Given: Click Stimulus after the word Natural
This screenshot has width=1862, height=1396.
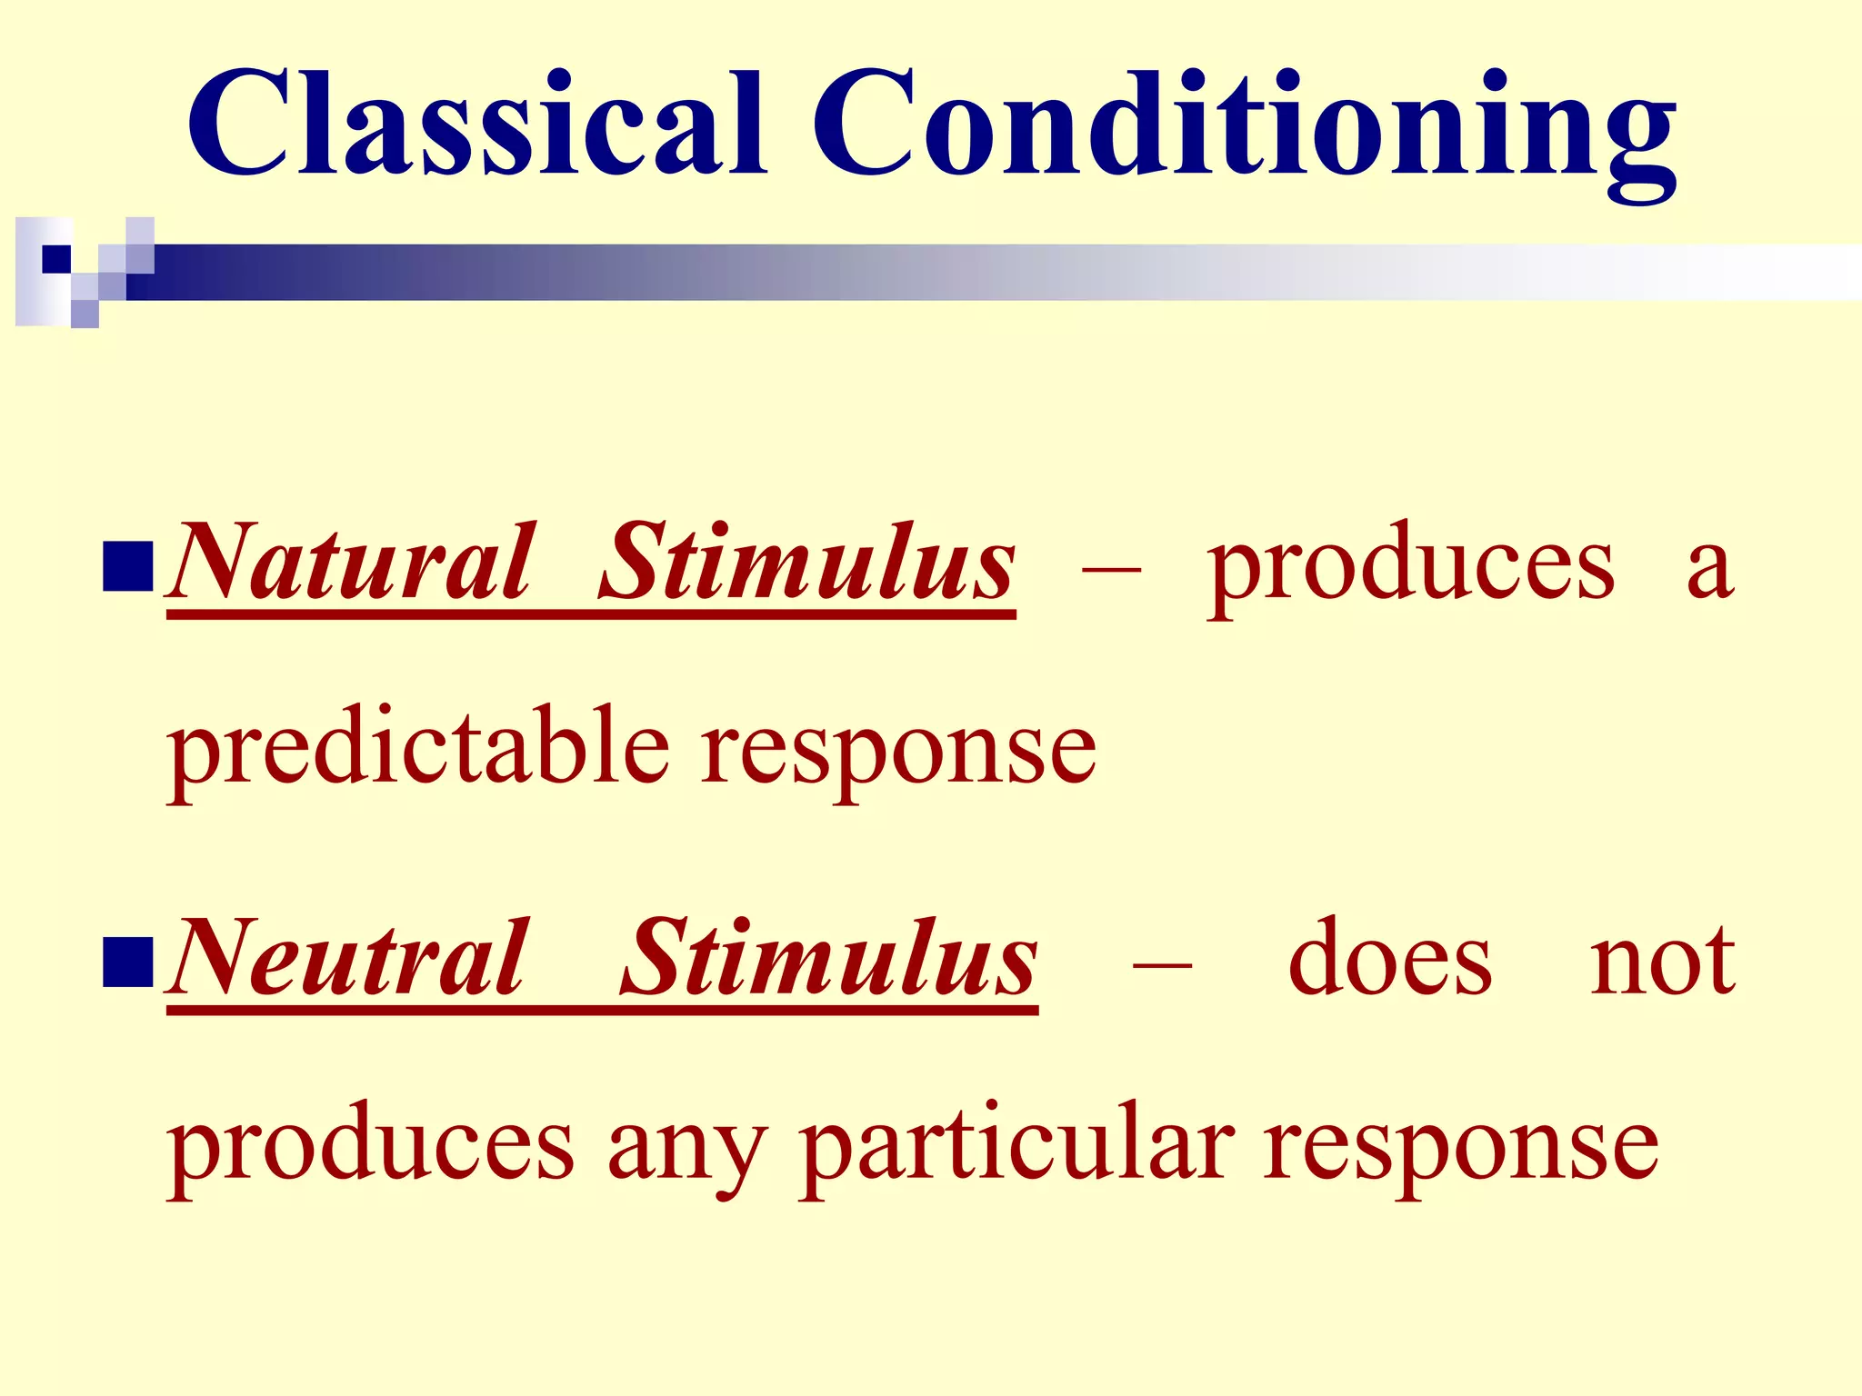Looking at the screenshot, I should tap(807, 563).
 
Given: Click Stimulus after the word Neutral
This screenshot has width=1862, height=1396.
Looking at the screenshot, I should tap(829, 959).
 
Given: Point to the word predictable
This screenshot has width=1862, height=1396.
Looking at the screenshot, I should tap(418, 750).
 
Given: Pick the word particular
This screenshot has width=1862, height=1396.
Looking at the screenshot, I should tap(1016, 1147).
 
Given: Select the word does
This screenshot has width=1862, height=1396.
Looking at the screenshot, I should tap(1389, 959).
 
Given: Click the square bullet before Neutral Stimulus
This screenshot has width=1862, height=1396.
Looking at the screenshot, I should tap(127, 962).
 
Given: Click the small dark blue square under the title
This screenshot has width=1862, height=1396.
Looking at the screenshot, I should tap(56, 259).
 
